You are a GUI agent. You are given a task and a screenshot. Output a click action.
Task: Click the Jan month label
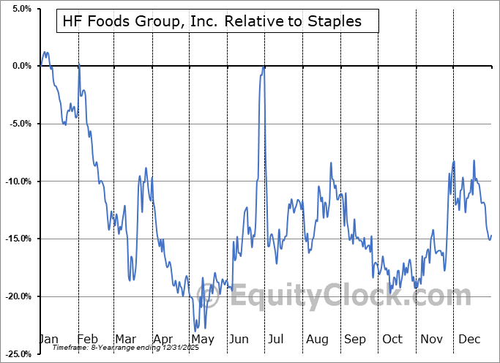tap(48, 340)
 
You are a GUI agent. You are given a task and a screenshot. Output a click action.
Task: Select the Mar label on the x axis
tap(125, 340)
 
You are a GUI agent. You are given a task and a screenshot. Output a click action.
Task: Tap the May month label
tap(202, 340)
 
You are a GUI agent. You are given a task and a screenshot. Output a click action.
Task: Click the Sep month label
tap(355, 340)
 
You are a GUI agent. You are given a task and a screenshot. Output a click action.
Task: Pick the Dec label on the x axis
tap(469, 340)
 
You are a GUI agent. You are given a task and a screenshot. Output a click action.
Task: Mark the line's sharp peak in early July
tap(264, 67)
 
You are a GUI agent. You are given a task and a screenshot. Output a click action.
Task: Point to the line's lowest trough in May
tap(196, 329)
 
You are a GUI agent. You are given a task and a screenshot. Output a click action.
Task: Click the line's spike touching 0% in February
tap(79, 67)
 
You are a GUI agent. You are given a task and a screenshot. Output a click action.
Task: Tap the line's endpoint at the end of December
tap(491, 235)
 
